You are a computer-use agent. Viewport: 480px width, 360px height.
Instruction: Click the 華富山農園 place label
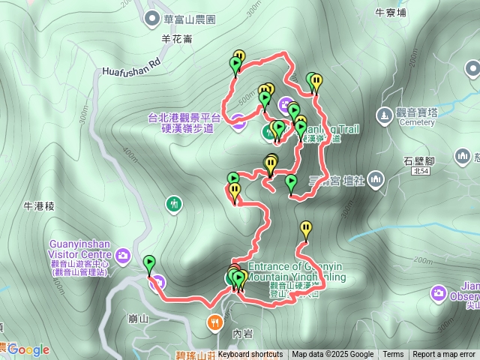point(184,17)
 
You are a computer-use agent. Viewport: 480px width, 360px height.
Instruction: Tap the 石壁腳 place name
point(419,161)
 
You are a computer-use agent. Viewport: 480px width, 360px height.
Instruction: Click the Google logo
point(28,349)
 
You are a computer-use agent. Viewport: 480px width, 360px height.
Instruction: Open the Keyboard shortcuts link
point(250,355)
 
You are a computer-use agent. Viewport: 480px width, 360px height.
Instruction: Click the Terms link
point(393,355)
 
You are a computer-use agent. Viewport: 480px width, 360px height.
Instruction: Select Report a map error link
point(444,355)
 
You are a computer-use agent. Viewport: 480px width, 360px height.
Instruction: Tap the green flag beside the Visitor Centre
point(149,263)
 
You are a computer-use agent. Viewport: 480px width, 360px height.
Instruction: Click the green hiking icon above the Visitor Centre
point(174,203)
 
